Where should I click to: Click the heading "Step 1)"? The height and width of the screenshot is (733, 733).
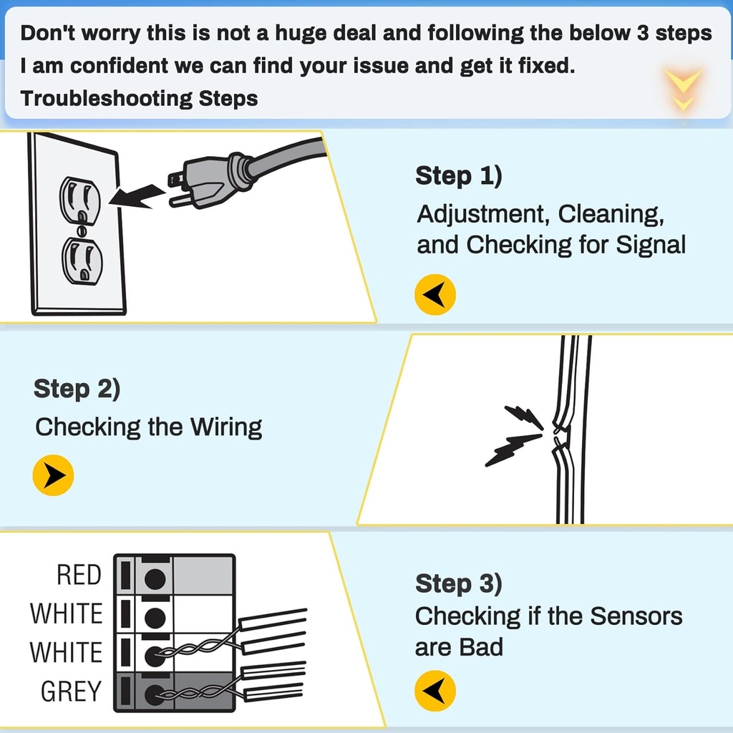tap(458, 176)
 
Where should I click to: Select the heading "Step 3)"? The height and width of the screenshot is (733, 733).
tap(458, 583)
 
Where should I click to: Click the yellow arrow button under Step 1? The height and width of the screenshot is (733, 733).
tap(435, 293)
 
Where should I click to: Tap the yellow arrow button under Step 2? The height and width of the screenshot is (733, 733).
tap(54, 475)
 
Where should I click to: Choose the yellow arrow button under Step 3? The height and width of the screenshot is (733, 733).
tap(435, 691)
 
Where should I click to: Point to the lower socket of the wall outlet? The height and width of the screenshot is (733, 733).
tap(82, 259)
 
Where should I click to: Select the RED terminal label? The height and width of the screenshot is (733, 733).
tap(79, 575)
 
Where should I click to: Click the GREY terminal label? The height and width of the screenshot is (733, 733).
tap(72, 691)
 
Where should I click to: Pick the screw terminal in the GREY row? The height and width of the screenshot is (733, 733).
tap(155, 693)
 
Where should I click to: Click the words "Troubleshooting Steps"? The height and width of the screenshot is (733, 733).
tap(139, 98)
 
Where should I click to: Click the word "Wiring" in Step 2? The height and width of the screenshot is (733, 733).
tap(225, 427)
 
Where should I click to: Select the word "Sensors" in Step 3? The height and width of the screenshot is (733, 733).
tap(639, 616)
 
